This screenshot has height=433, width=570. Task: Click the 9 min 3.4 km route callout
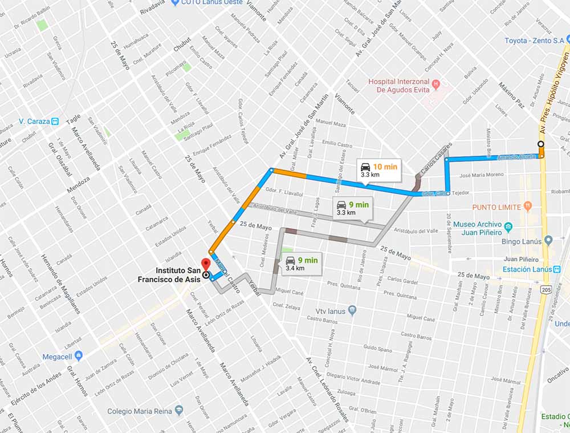tap(303, 264)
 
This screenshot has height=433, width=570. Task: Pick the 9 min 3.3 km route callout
tap(352, 208)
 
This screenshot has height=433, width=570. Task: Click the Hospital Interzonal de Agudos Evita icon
tap(436, 84)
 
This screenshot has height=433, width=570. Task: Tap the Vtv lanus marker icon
tap(352, 310)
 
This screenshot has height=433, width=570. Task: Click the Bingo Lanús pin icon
tap(548, 240)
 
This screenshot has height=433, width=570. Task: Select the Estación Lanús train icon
tap(557, 269)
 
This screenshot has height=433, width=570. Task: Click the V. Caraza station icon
tap(55, 121)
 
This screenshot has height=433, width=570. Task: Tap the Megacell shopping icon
tap(79, 356)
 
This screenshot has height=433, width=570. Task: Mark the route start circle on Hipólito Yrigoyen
tap(541, 144)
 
